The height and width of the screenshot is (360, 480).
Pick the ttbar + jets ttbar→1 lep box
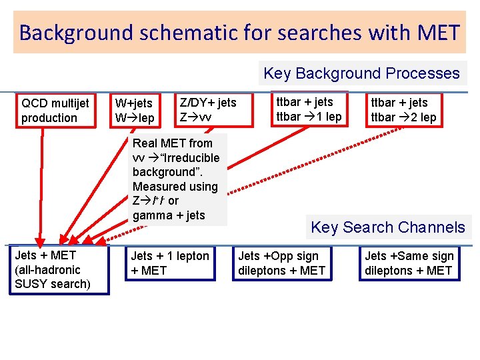pos(310,109)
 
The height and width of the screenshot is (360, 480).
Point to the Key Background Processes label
pos(361,73)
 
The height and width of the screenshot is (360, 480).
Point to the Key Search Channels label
pos(388,227)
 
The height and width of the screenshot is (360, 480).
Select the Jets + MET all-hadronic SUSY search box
pos(57,270)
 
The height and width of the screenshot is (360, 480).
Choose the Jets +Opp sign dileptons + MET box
pos(283,263)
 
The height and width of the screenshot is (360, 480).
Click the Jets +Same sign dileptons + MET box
pos(410,263)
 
